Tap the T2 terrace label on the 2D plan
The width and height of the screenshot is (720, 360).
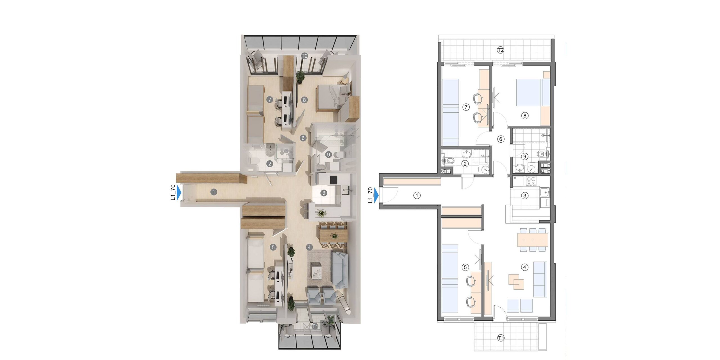point(500,50)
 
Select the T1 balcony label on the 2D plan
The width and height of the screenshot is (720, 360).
point(501,338)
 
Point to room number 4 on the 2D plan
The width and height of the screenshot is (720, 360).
point(525,267)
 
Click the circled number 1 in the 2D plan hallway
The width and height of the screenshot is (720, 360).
point(417,195)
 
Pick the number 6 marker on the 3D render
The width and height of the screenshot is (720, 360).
point(303,138)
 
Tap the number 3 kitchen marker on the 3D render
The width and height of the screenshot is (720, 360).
point(324,193)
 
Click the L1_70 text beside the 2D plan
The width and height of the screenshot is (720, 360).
point(371,195)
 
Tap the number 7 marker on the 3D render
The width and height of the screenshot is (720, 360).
point(73,99)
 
